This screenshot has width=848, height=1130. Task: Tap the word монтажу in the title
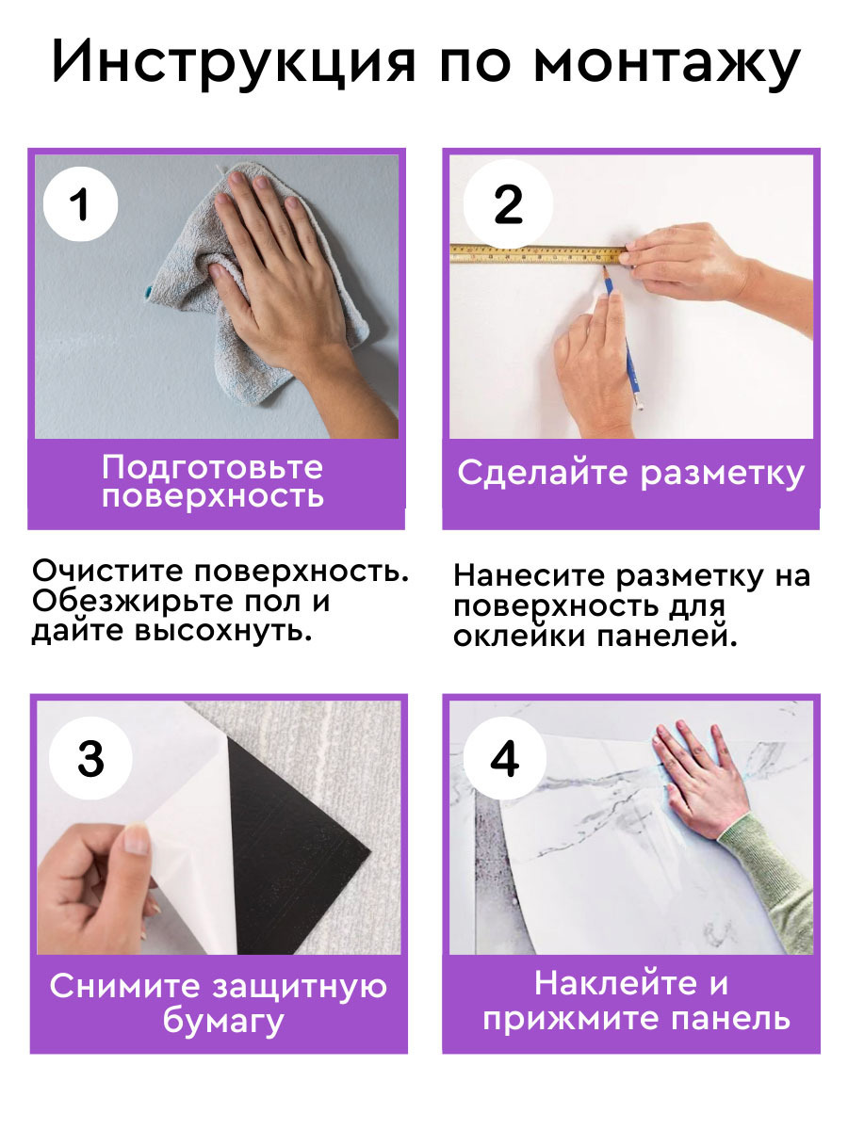(x=666, y=64)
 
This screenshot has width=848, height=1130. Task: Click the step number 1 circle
(x=82, y=204)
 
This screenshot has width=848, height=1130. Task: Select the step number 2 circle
(x=508, y=204)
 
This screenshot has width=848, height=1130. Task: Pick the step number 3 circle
(x=90, y=759)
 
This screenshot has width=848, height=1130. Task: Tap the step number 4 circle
(x=506, y=759)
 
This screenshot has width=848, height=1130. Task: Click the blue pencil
(x=624, y=339)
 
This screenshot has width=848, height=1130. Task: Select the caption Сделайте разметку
(x=630, y=473)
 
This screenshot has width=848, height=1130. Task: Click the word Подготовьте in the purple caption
(x=212, y=466)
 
